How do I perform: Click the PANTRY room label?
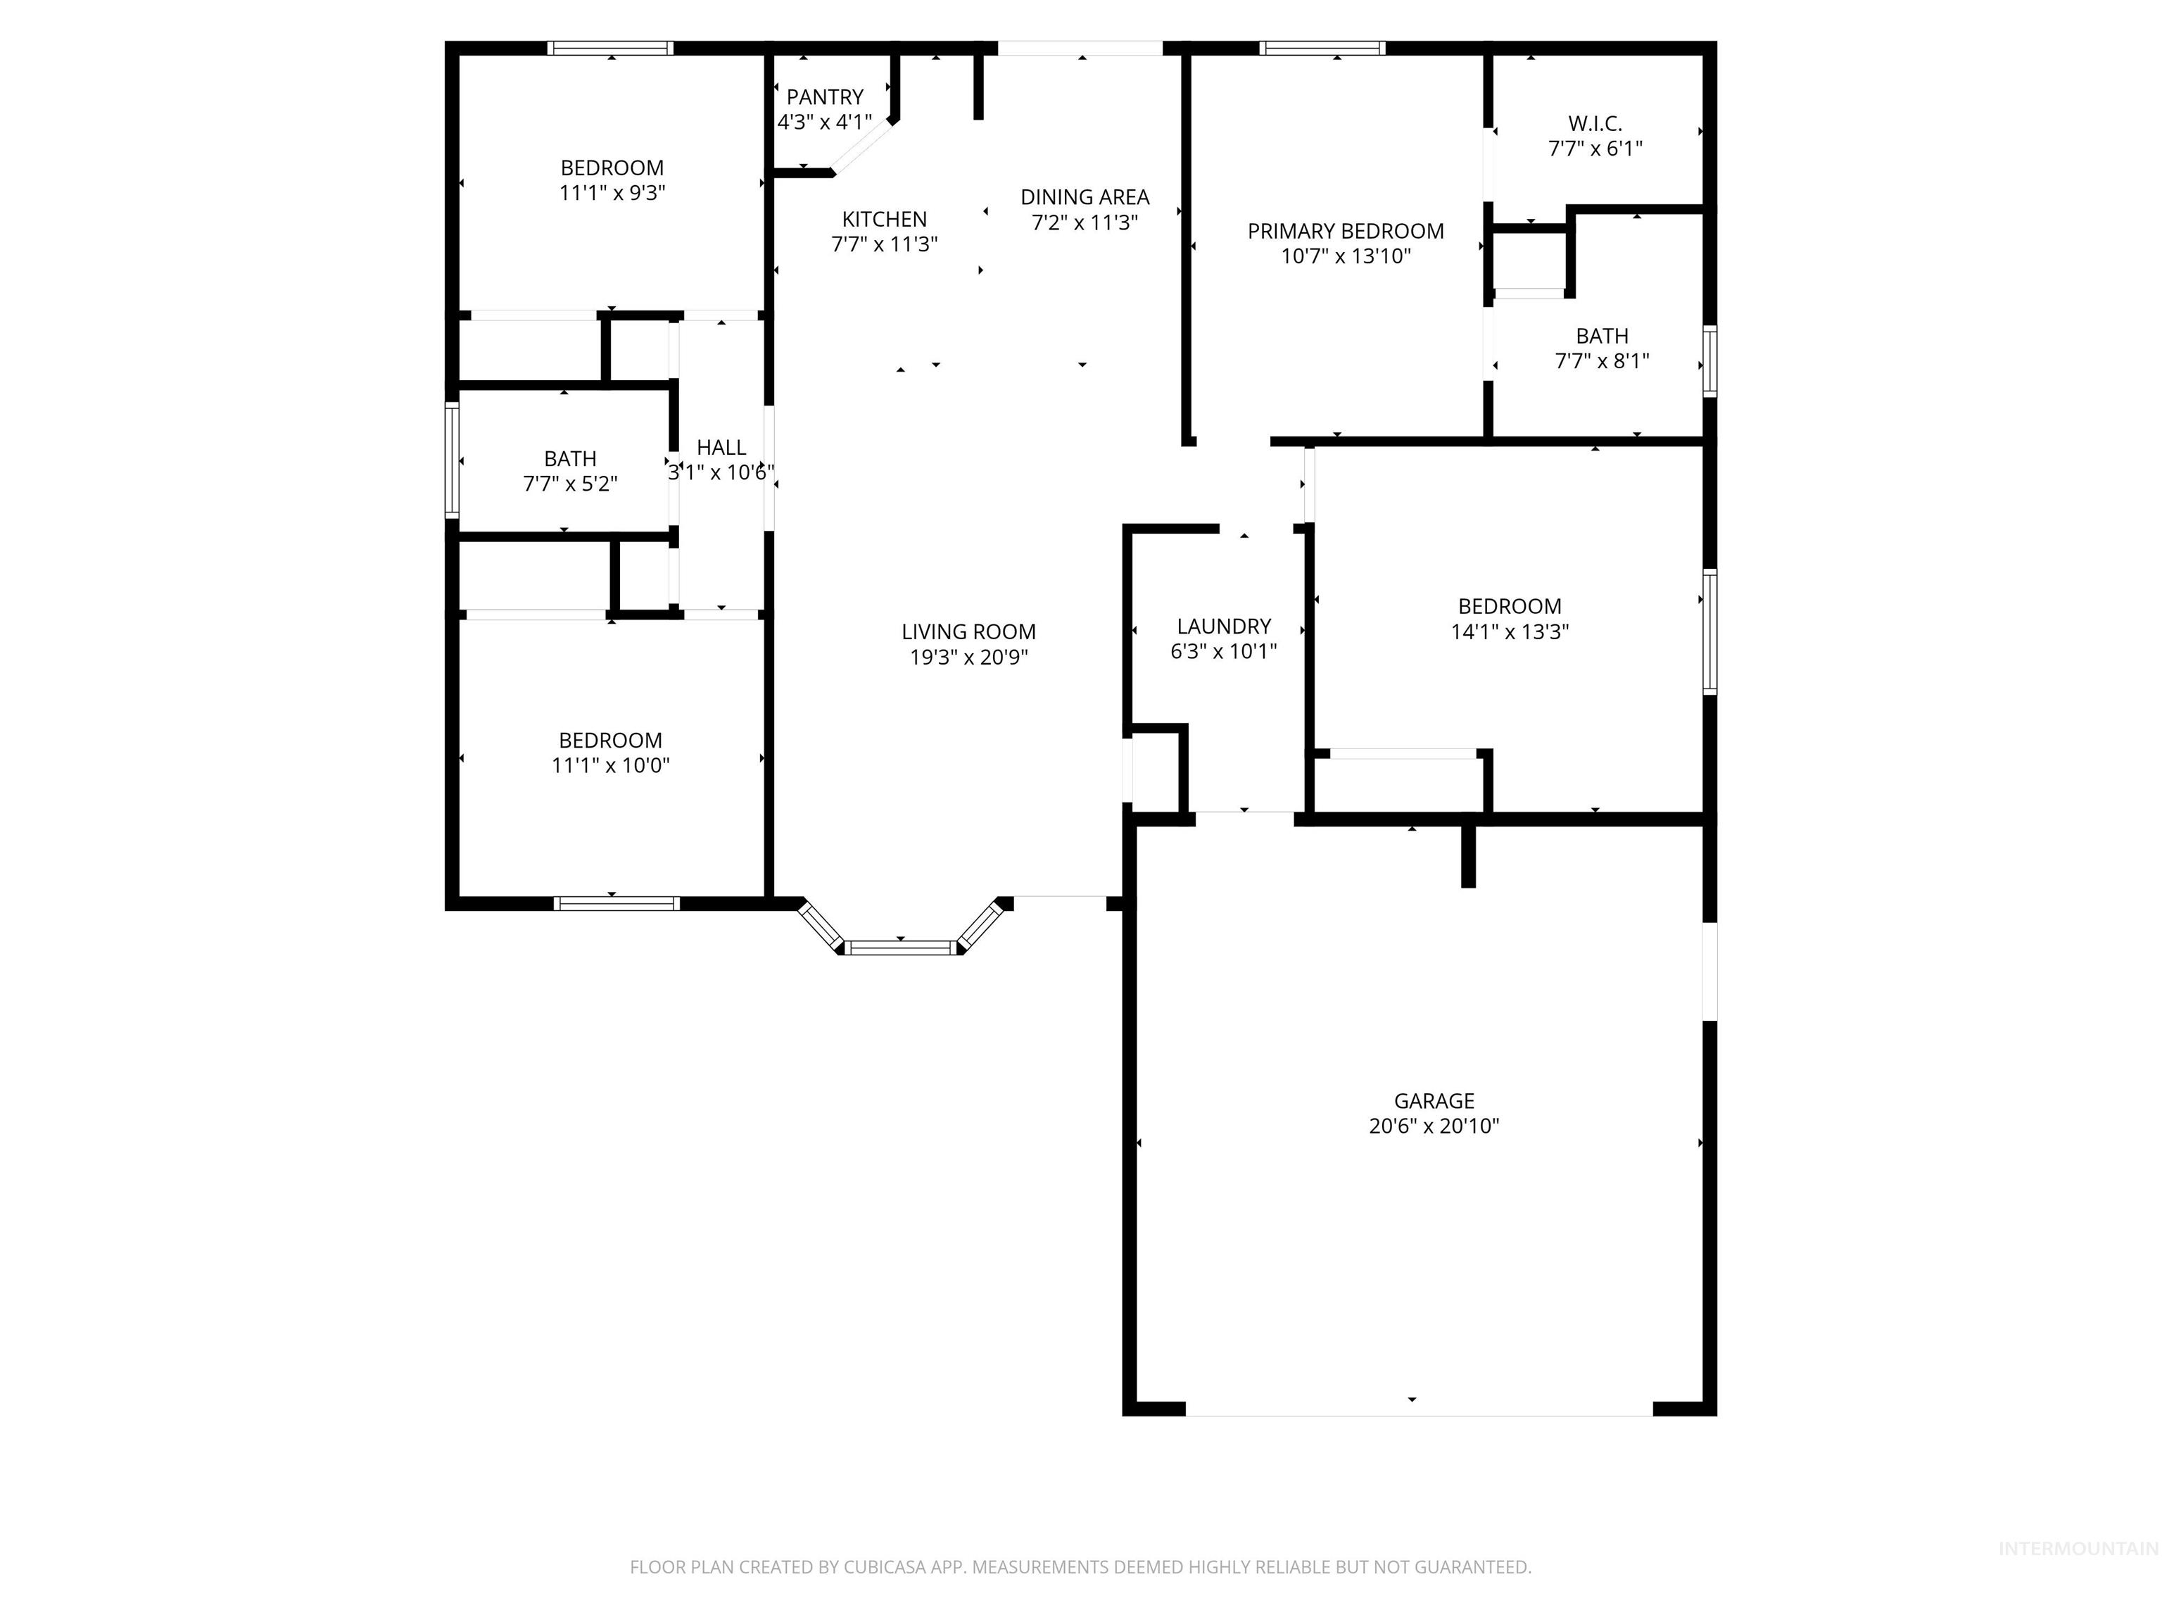coord(824,96)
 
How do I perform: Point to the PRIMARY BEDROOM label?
coord(1345,231)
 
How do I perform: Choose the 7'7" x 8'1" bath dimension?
coord(1601,360)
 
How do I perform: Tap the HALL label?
coord(721,447)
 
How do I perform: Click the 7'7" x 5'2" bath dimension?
coord(570,483)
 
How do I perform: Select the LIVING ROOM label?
coord(968,631)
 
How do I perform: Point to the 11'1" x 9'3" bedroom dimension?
coord(612,193)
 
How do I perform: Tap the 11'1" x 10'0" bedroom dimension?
coord(610,765)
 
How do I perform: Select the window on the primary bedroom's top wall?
coord(1322,48)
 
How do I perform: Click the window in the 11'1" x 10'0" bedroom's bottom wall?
coord(616,903)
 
